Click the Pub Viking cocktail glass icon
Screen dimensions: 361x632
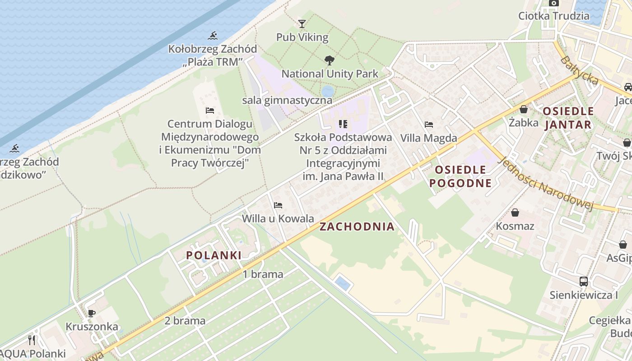coord(302,23)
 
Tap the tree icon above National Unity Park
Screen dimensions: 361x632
coord(330,60)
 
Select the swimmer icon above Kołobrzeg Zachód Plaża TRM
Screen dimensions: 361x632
coord(213,36)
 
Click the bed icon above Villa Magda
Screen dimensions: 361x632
coord(429,125)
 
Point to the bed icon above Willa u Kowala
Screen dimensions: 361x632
coord(278,205)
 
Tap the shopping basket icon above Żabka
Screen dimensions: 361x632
coord(524,109)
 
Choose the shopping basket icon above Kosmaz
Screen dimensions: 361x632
coord(515,213)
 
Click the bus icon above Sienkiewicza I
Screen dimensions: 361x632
coord(584,282)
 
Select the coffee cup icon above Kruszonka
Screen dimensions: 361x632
coord(92,313)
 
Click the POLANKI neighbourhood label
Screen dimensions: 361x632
coord(214,255)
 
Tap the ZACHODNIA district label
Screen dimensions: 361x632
coord(357,227)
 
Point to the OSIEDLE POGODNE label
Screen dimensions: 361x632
coord(460,176)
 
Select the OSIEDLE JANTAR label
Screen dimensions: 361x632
coord(568,118)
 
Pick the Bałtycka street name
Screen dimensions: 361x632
coord(580,70)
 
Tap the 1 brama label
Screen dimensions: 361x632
coord(263,274)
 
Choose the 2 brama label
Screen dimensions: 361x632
coord(185,321)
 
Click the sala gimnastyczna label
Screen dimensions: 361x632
coord(287,100)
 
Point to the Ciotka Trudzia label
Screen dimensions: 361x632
coord(553,16)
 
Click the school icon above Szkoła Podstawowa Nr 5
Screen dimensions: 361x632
coord(343,124)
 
